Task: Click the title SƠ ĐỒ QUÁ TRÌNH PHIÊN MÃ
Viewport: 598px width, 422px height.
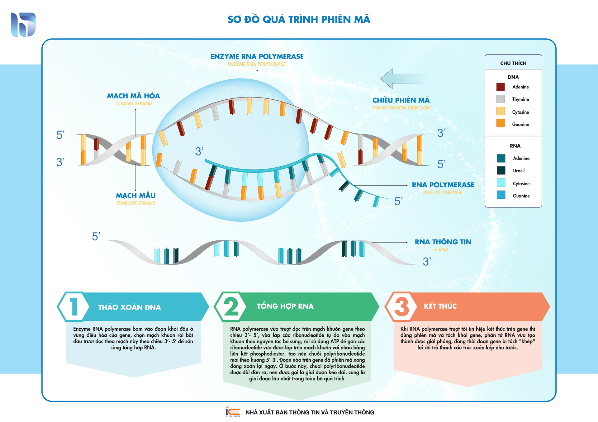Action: click(299, 20)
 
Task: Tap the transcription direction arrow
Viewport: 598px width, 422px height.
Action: click(403, 78)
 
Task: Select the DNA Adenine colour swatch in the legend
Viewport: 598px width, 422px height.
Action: click(501, 87)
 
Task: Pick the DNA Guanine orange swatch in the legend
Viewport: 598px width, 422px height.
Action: click(501, 123)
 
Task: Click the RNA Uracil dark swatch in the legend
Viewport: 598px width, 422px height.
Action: click(501, 170)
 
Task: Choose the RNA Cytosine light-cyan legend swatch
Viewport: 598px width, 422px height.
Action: click(501, 183)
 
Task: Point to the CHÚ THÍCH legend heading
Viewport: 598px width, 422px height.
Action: click(513, 63)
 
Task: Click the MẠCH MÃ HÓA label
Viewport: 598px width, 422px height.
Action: click(133, 96)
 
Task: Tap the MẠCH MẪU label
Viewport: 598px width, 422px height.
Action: click(135, 196)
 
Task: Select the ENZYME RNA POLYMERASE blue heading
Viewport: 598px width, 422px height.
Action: click(257, 56)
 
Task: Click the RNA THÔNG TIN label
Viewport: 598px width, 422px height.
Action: click(443, 242)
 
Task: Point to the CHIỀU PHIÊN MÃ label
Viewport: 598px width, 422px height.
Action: click(401, 100)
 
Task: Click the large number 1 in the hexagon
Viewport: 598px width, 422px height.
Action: click(74, 307)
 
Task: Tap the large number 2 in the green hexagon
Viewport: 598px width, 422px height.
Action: click(231, 306)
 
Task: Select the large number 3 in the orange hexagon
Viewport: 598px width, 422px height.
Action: click(401, 306)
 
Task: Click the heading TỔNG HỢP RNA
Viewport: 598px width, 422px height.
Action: click(285, 306)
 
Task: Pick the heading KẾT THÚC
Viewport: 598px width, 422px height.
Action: click(440, 306)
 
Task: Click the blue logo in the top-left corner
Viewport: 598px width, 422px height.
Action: click(23, 25)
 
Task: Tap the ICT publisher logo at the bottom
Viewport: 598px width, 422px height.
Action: click(233, 411)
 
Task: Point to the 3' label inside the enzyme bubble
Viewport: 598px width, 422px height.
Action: click(199, 152)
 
